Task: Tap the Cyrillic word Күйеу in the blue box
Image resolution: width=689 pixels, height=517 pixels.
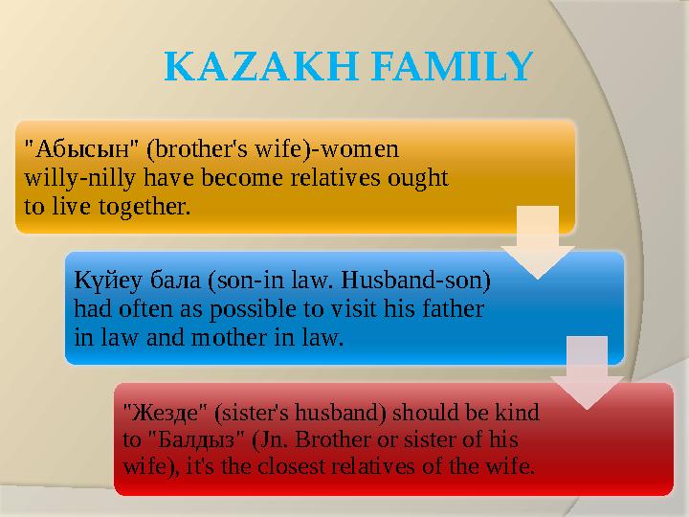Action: point(100,283)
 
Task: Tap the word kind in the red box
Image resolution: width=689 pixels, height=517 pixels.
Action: point(518,414)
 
